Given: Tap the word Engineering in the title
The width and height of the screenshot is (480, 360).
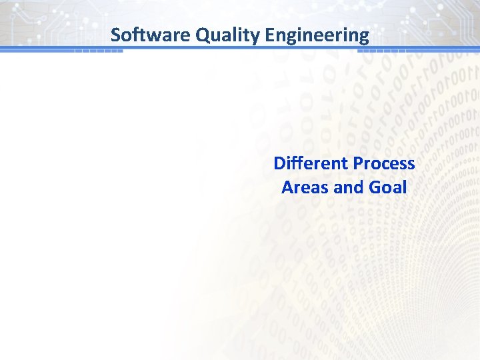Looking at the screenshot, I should point(317,35).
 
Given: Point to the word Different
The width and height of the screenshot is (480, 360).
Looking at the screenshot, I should point(311,163).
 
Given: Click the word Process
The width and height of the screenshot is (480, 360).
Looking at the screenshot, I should point(384,163).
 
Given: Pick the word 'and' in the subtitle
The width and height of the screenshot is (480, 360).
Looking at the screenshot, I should point(348,187).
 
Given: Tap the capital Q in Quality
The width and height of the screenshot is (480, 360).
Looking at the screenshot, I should point(203,35).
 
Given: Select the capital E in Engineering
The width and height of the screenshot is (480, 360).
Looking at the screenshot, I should point(269,35).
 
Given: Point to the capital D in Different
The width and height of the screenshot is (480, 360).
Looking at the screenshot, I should point(279,163).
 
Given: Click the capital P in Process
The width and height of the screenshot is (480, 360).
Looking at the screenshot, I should point(358,163).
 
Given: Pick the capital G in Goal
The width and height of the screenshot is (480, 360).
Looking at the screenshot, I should point(375,187).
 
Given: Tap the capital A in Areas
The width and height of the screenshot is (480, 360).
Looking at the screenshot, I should point(287,187).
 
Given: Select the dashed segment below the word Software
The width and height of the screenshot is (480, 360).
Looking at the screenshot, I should point(98,51).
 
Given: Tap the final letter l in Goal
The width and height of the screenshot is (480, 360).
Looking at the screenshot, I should point(404,187).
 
